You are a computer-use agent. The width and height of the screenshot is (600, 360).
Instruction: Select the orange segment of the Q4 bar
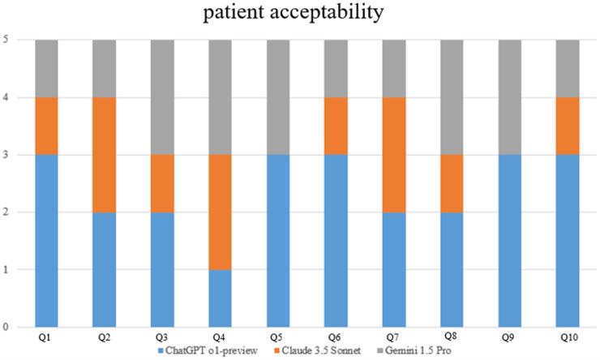[221, 212]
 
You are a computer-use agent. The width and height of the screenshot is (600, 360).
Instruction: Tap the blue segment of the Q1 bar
[46, 241]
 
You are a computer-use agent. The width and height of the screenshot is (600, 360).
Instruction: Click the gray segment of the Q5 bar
[278, 97]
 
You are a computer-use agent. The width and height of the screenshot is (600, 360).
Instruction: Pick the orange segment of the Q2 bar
[105, 155]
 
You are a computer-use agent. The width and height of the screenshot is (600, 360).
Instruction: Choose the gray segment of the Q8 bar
[452, 97]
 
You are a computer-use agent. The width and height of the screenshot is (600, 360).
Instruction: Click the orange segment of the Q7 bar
[394, 155]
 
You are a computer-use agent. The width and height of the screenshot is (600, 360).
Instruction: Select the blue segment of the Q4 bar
[221, 298]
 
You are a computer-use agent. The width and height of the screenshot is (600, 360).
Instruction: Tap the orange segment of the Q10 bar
[568, 126]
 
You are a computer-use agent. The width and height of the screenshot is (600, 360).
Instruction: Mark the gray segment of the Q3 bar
[162, 97]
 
